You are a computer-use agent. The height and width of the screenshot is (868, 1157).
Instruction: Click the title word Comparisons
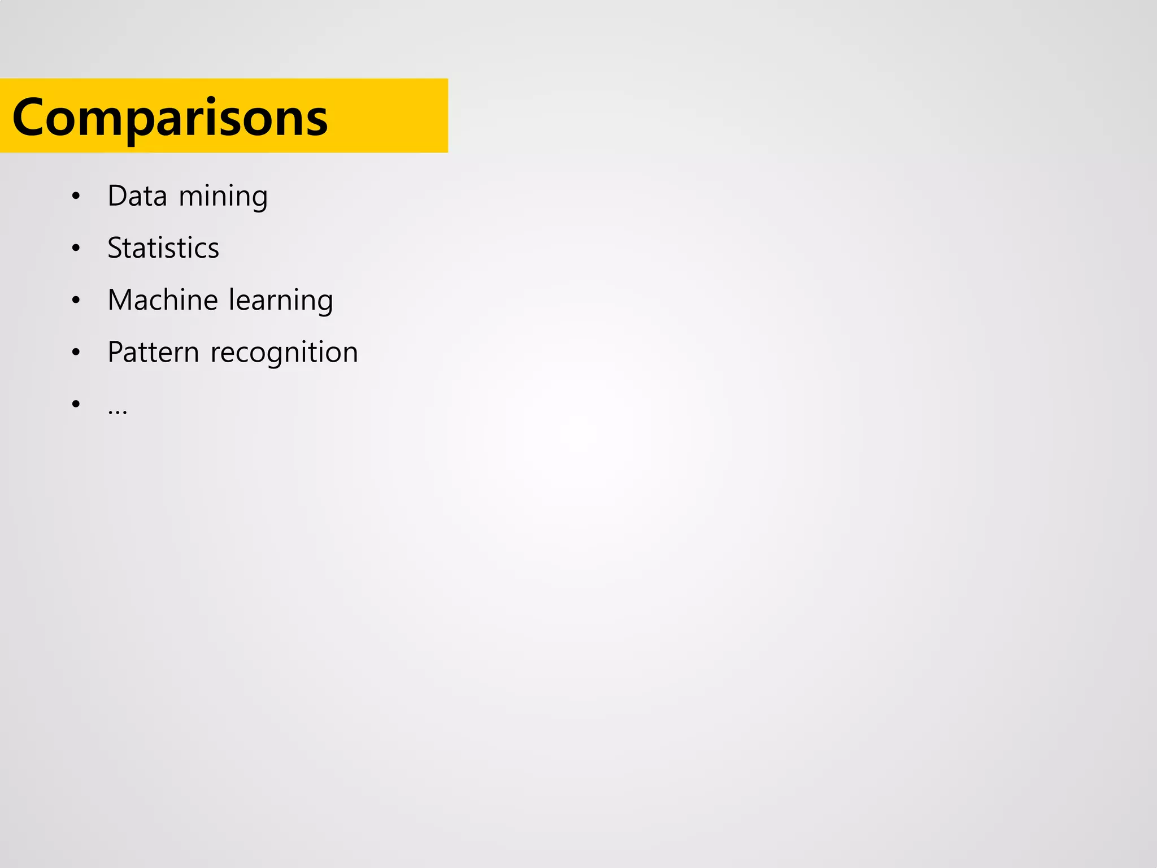169,118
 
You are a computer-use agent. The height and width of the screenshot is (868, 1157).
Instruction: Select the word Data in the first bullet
137,196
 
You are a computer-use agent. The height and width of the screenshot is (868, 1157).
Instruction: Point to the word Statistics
163,248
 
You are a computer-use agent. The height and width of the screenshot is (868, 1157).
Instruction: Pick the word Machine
163,300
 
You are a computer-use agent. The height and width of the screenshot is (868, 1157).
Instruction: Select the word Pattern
153,352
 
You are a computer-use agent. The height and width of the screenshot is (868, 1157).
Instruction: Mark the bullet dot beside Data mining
76,196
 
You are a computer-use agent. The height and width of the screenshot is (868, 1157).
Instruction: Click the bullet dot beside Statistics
76,248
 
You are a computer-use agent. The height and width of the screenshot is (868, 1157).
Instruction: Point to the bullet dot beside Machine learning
76,300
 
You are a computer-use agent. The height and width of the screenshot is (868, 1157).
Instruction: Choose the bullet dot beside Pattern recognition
76,352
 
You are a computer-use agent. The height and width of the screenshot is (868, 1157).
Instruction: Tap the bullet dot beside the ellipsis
76,403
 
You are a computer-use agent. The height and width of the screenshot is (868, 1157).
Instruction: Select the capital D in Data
117,196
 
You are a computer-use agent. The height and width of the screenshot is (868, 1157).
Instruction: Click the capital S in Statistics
115,248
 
